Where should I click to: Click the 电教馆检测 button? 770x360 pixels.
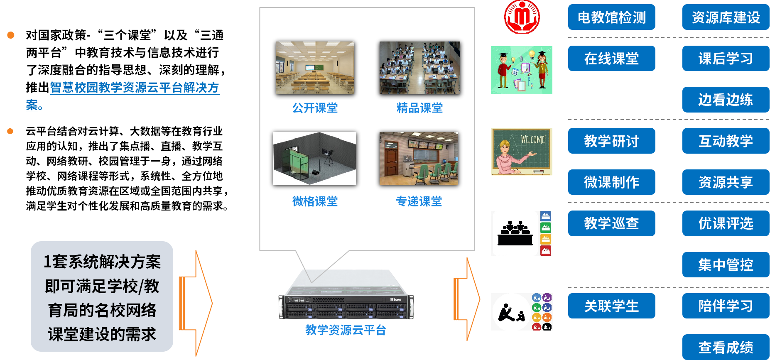pos(611,17)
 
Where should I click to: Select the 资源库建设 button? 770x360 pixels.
pos(726,17)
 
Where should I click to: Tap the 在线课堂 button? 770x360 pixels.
pos(611,59)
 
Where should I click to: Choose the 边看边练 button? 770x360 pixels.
pos(726,100)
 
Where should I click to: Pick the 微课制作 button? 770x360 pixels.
pos(611,182)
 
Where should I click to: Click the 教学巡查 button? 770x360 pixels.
pos(611,223)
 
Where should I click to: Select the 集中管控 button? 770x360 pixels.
pos(726,264)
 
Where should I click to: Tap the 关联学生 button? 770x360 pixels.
pos(611,306)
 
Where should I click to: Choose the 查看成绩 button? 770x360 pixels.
pos(726,347)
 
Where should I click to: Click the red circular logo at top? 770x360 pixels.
pos(522,17)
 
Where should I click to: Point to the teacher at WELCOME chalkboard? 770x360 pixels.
pos(522,152)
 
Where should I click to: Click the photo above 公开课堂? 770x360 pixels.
pos(315,68)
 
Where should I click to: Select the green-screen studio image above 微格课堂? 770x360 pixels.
pos(315,158)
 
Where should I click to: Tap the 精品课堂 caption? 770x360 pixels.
pos(419,108)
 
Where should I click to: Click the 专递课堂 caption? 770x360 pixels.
pos(419,201)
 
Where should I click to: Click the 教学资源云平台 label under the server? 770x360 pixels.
pos(346,330)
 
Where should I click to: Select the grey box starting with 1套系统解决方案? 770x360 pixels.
pos(102,296)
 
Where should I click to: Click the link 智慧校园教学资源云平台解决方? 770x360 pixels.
pos(134,87)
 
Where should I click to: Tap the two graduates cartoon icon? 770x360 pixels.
pos(522,70)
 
